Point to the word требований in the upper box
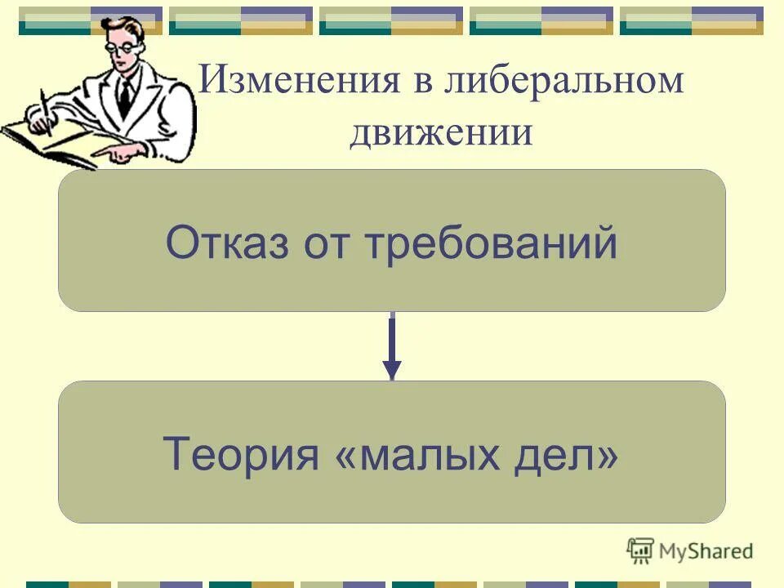(x=490, y=243)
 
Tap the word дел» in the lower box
(x=572, y=454)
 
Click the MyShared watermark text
(x=706, y=551)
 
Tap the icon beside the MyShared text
(x=640, y=551)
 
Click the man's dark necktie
(x=124, y=96)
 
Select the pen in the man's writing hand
(x=46, y=110)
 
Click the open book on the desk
(x=49, y=143)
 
